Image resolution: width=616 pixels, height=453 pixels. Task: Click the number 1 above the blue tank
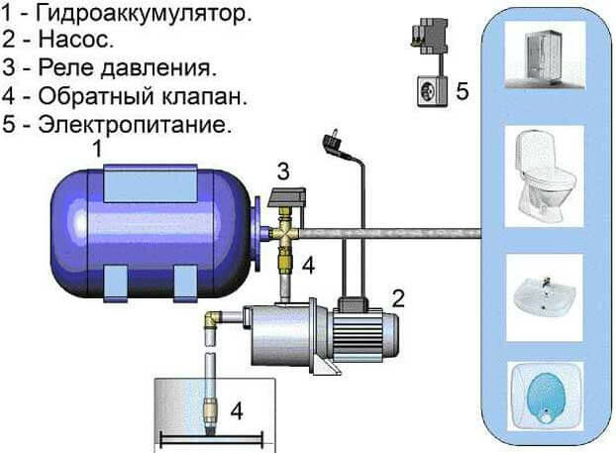[x=97, y=150]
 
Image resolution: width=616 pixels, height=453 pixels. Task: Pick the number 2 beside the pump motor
[x=398, y=298]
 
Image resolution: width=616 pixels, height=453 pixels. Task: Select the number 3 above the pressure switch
[x=283, y=171]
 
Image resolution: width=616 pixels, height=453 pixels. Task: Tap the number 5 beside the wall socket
[x=462, y=91]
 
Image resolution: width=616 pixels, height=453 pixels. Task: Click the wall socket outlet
[x=432, y=91]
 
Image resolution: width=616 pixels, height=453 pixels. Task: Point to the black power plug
[x=334, y=143]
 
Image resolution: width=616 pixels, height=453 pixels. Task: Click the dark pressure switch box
[x=287, y=197]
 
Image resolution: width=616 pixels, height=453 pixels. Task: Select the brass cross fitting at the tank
[x=285, y=233]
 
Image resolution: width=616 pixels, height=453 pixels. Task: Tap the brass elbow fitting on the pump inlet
[x=211, y=318]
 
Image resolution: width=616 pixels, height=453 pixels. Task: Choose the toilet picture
[x=545, y=176]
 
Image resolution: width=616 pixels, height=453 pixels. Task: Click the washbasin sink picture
[x=545, y=297]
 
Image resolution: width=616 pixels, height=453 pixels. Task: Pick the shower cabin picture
[x=545, y=56]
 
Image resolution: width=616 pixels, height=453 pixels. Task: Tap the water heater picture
[x=546, y=396]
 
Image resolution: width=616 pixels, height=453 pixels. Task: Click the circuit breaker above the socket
[x=430, y=37]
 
